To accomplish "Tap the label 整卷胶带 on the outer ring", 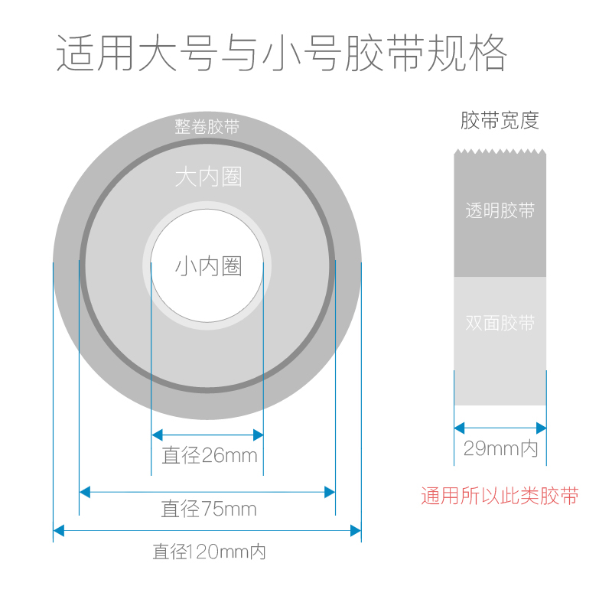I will point(207,127).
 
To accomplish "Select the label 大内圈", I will point(208,177).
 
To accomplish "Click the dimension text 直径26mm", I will point(209,457).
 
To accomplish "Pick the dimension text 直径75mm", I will point(208,509).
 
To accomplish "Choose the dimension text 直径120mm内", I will point(209,551).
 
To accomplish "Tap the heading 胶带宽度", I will point(500,120).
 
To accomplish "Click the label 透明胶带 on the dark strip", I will point(500,211).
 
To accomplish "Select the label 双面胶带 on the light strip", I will point(500,323).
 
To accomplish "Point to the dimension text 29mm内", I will point(500,449).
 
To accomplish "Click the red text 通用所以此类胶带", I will point(500,496).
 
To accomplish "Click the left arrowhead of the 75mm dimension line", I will point(84,490).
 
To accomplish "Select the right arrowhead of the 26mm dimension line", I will point(259,435).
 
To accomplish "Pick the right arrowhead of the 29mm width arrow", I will point(542,428).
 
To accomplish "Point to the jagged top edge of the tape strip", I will point(500,151).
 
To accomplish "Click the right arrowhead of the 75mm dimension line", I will point(330,490).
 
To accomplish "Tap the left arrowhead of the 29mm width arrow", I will point(459,428).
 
